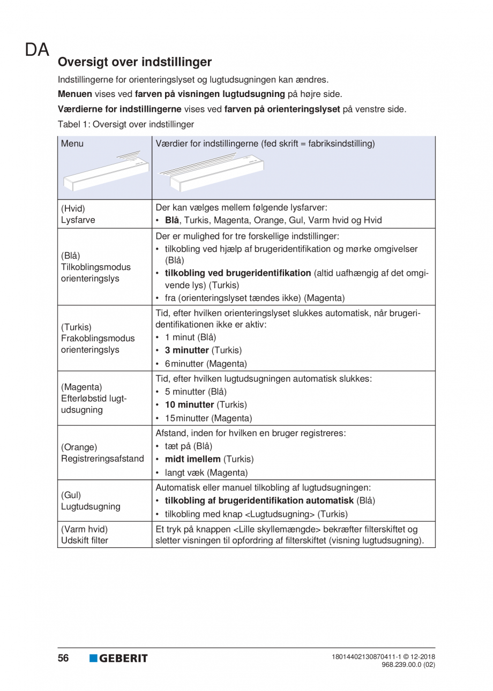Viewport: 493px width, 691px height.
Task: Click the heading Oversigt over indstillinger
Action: pyautogui.click(x=135, y=62)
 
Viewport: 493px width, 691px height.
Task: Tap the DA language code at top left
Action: pyautogui.click(x=36, y=50)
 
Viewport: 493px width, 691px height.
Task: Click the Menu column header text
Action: pyautogui.click(x=72, y=144)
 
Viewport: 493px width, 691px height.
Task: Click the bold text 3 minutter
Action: pyautogui.click(x=187, y=350)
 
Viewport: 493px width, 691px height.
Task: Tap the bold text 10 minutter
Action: pyautogui.click(x=189, y=404)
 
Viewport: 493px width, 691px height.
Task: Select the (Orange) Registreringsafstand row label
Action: pyautogui.click(x=103, y=453)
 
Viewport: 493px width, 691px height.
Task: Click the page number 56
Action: pyautogui.click(x=64, y=658)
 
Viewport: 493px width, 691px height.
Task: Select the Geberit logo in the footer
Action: pyautogui.click(x=118, y=658)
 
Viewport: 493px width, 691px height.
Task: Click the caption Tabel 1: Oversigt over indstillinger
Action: pyautogui.click(x=126, y=124)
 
